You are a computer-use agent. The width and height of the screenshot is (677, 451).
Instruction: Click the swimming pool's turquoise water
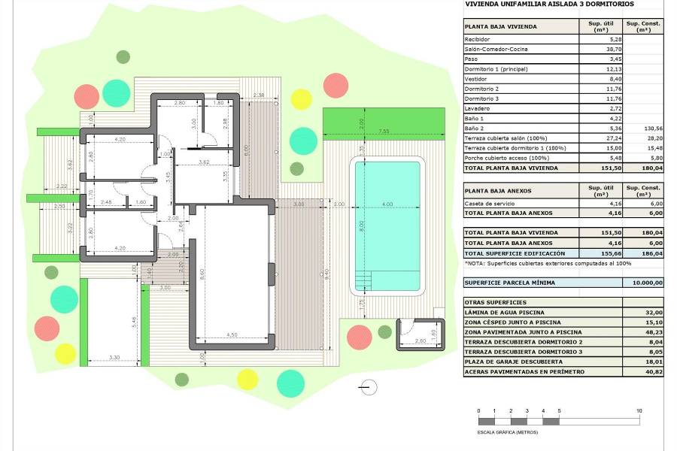click(x=388, y=225)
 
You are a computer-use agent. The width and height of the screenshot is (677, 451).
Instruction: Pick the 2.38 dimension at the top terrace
click(x=259, y=95)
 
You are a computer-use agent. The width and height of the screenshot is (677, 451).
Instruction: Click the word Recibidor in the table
click(x=478, y=39)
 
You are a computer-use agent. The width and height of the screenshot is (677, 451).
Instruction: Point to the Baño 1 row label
click(x=474, y=119)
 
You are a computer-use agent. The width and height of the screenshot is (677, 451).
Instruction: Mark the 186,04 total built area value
click(x=651, y=254)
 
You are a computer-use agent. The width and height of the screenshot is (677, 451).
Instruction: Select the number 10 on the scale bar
click(x=639, y=410)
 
